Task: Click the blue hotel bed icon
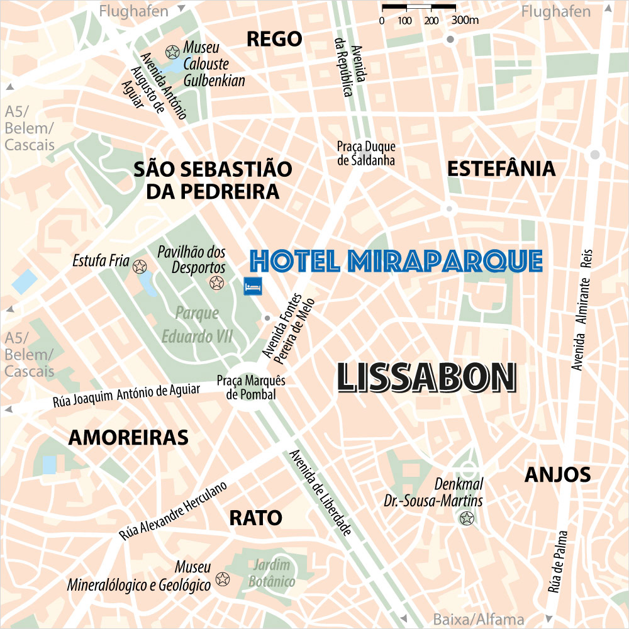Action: pyautogui.click(x=253, y=285)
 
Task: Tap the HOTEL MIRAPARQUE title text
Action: pyautogui.click(x=396, y=260)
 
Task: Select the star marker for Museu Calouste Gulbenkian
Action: pyautogui.click(x=171, y=52)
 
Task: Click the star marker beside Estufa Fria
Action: pyautogui.click(x=140, y=266)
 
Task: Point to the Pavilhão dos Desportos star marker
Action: pyautogui.click(x=216, y=283)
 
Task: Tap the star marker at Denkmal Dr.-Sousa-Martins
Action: pyautogui.click(x=467, y=518)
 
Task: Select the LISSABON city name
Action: pyautogui.click(x=427, y=377)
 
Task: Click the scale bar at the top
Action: pyautogui.click(x=418, y=8)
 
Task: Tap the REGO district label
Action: pyautogui.click(x=274, y=39)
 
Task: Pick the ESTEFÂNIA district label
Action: pyautogui.click(x=501, y=169)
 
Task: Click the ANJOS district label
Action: pyautogui.click(x=558, y=475)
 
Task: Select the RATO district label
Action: pyautogui.click(x=255, y=518)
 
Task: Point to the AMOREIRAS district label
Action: pyautogui.click(x=128, y=438)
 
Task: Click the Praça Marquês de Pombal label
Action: pyautogui.click(x=251, y=387)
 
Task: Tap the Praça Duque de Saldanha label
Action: pyautogui.click(x=366, y=153)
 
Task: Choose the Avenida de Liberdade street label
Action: pyautogui.click(x=319, y=493)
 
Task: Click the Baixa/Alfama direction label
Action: pyautogui.click(x=479, y=619)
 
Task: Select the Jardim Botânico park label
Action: pyautogui.click(x=272, y=573)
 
